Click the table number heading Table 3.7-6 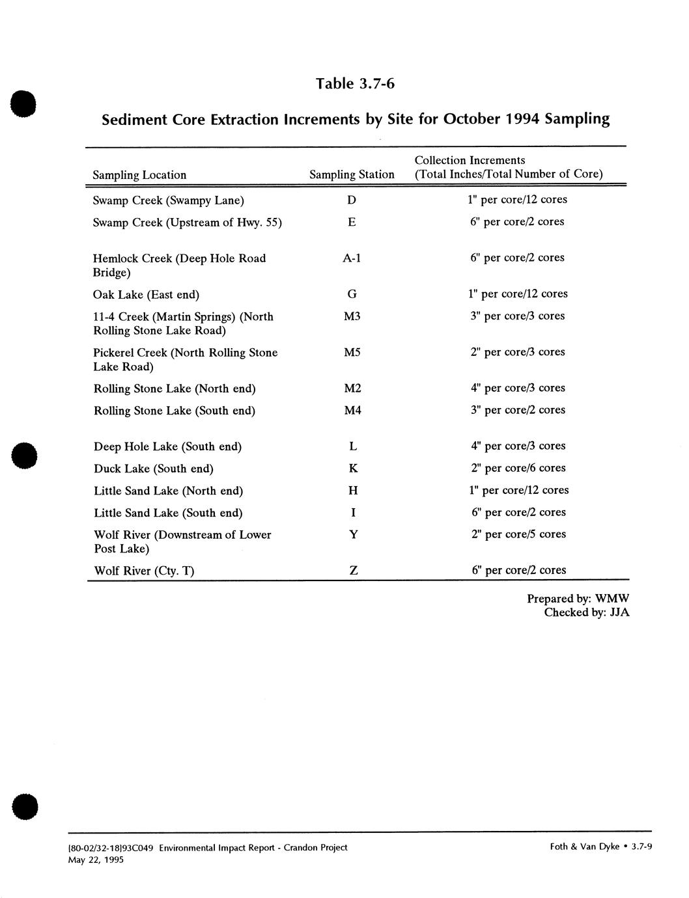pyautogui.click(x=355, y=84)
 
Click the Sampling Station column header pyautogui.click(x=352, y=174)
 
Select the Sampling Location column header pyautogui.click(x=139, y=175)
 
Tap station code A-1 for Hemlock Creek pyautogui.click(x=352, y=258)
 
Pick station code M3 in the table pyautogui.click(x=352, y=316)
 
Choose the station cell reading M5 pyautogui.click(x=352, y=353)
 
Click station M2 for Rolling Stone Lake pyautogui.click(x=352, y=388)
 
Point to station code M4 pyautogui.click(x=352, y=411)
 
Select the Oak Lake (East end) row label pyautogui.click(x=146, y=295)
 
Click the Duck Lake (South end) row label pyautogui.click(x=154, y=469)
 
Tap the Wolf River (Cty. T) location pyautogui.click(x=144, y=571)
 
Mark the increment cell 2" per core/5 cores pyautogui.click(x=518, y=534)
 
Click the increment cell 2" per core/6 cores pyautogui.click(x=518, y=468)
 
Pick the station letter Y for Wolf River pyautogui.click(x=353, y=535)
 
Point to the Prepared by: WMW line pyautogui.click(x=578, y=599)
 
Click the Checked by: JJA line pyautogui.click(x=586, y=612)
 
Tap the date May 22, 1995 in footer pyautogui.click(x=96, y=860)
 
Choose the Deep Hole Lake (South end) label pyautogui.click(x=167, y=447)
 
